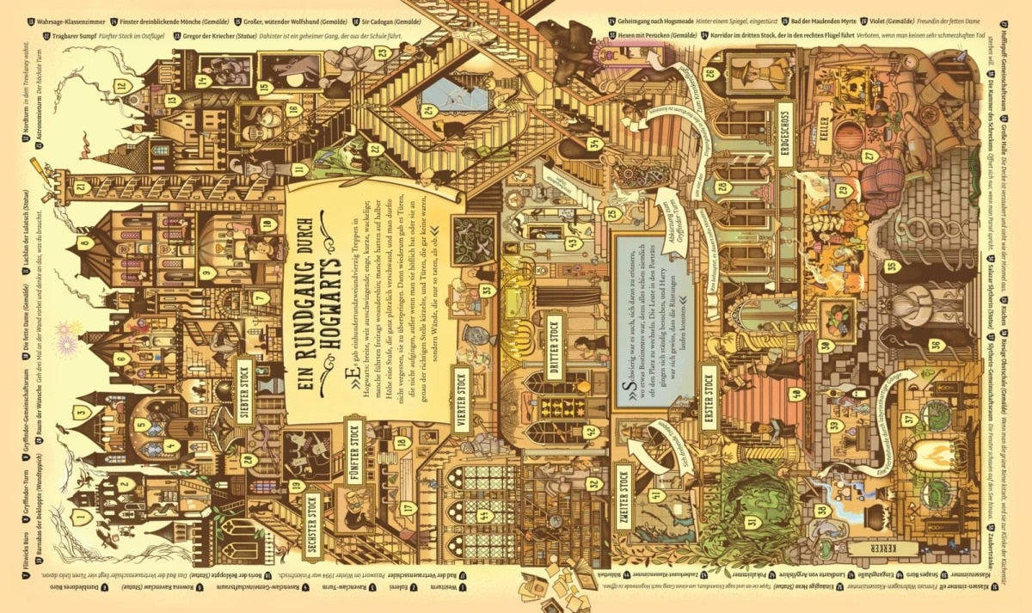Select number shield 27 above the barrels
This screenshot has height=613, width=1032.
(869, 155)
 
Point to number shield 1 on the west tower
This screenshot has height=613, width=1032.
(82, 517)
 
